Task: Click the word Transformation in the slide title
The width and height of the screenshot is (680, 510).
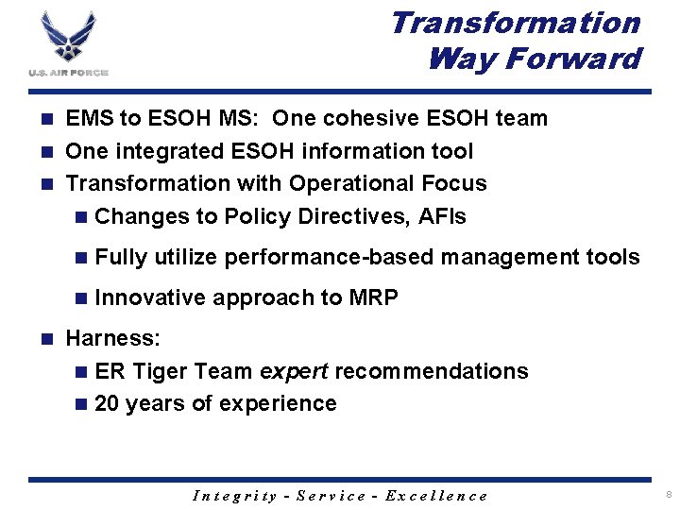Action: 515,23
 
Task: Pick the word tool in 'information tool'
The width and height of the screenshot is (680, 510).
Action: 451,151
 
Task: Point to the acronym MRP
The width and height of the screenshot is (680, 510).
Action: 373,297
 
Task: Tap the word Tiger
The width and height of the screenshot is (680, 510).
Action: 161,371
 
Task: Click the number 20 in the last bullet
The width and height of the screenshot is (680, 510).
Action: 107,403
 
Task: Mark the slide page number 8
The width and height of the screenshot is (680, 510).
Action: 667,494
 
